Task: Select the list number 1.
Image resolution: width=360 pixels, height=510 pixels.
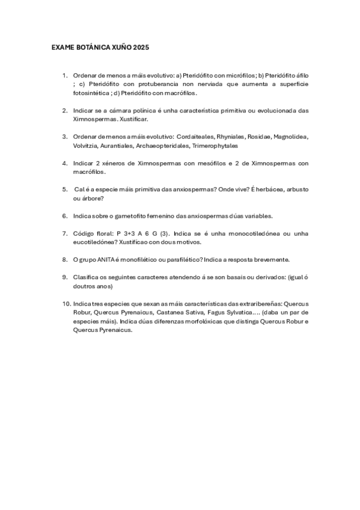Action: [x=64, y=75]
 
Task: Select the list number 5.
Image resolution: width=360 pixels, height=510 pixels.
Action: [x=64, y=189]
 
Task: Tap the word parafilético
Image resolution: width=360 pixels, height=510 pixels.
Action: [x=186, y=259]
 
